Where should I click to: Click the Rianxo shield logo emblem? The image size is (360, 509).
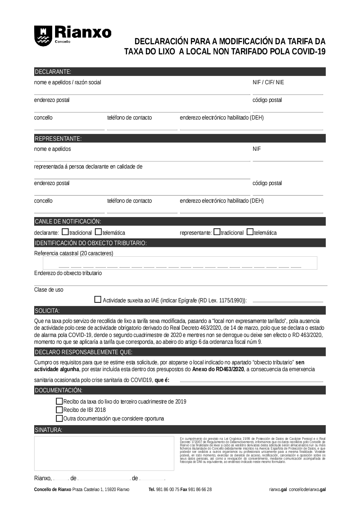click(x=42, y=35)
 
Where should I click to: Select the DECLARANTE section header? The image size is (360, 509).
click(x=53, y=72)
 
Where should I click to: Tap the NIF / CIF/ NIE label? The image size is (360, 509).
click(x=268, y=82)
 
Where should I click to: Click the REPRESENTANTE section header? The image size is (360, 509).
click(x=58, y=139)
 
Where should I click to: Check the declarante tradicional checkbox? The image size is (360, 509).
click(x=65, y=232)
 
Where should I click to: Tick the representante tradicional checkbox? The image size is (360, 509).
click(x=217, y=232)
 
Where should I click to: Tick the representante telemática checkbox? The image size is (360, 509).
click(x=250, y=232)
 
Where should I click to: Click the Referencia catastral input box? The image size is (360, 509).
click(x=180, y=263)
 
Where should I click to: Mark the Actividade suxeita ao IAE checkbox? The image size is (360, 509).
click(x=98, y=299)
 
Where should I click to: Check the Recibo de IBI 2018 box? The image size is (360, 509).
click(x=59, y=410)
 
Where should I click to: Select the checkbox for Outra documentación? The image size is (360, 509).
click(x=59, y=418)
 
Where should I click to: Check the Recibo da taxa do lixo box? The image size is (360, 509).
click(x=59, y=401)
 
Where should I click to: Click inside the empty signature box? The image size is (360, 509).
click(x=104, y=453)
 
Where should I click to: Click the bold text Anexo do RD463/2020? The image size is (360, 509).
click(x=218, y=369)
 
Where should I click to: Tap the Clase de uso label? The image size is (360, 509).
click(x=49, y=290)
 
